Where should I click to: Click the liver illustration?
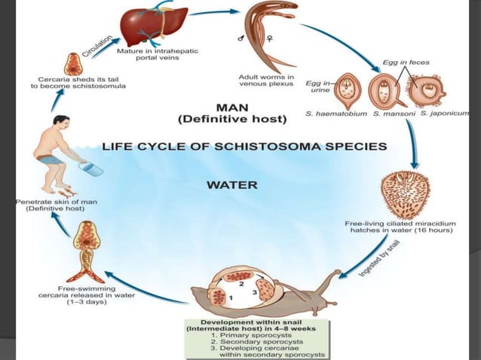point(155,26)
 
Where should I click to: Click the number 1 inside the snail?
point(231,299)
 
